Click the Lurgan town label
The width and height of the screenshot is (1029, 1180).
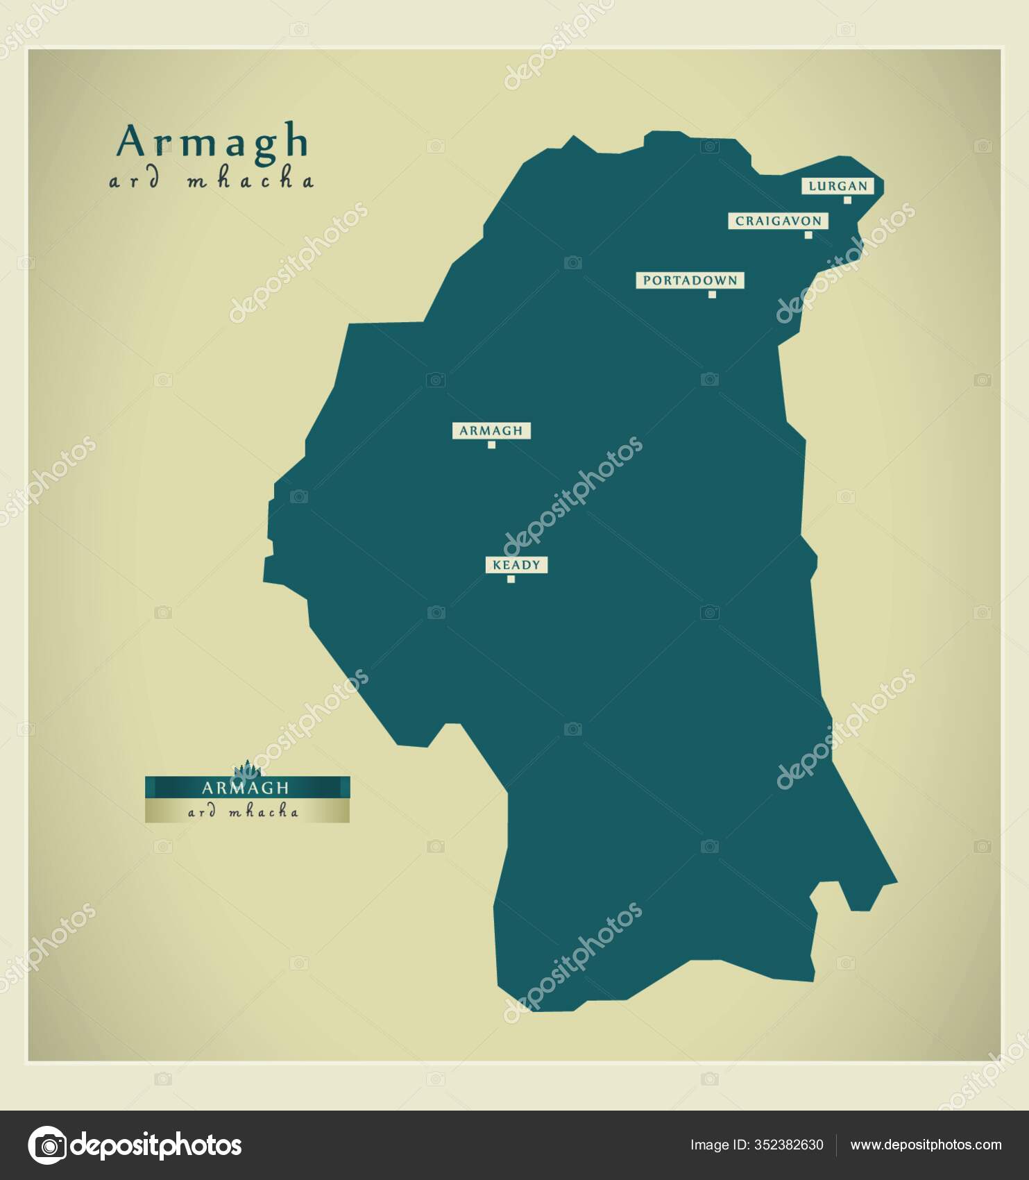[837, 186]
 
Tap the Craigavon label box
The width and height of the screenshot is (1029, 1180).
[778, 221]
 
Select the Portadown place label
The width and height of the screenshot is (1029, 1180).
[690, 280]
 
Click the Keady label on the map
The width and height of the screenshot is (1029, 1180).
[516, 565]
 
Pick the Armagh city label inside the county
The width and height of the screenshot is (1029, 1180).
[491, 430]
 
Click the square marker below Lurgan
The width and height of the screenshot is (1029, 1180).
[847, 200]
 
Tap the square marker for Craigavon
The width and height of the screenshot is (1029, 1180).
[808, 235]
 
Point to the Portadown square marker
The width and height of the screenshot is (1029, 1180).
[712, 294]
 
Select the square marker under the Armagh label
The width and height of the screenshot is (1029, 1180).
[491, 445]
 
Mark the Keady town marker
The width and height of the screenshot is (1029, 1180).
[511, 579]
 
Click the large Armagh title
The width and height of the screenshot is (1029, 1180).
[212, 142]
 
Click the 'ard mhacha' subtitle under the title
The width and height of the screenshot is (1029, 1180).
[212, 182]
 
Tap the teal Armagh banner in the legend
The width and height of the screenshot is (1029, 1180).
[247, 788]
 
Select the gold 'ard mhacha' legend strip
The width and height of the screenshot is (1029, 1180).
[247, 811]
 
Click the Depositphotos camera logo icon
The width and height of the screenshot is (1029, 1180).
[47, 1145]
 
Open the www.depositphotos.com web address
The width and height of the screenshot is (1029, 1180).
[926, 1145]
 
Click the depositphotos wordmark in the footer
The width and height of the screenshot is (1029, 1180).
[157, 1145]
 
